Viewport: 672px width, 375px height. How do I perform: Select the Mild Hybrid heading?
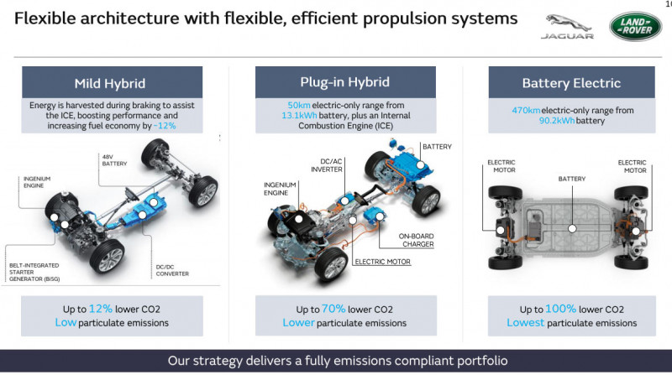click(x=110, y=83)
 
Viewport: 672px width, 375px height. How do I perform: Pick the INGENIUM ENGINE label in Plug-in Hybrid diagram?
click(x=281, y=189)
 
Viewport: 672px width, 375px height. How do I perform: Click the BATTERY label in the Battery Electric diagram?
click(x=572, y=179)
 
